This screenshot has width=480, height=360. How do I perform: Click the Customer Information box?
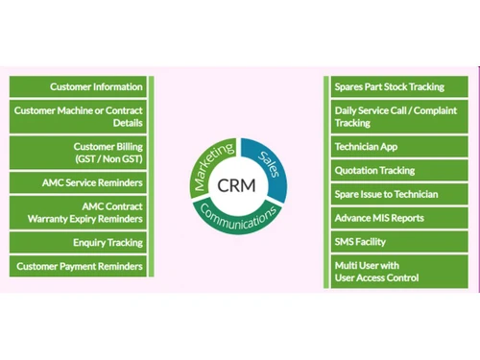click(x=79, y=86)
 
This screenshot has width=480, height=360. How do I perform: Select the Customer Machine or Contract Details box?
click(x=79, y=116)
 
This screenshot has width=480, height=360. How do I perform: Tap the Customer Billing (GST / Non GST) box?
click(x=79, y=153)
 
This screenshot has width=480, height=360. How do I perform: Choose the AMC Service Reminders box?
click(x=79, y=182)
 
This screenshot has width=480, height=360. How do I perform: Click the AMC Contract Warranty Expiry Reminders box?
click(x=79, y=212)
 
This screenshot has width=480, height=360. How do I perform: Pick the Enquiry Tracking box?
click(x=79, y=243)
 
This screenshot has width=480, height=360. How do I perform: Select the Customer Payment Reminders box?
click(x=79, y=266)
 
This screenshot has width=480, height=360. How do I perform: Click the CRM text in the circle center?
click(x=236, y=184)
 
